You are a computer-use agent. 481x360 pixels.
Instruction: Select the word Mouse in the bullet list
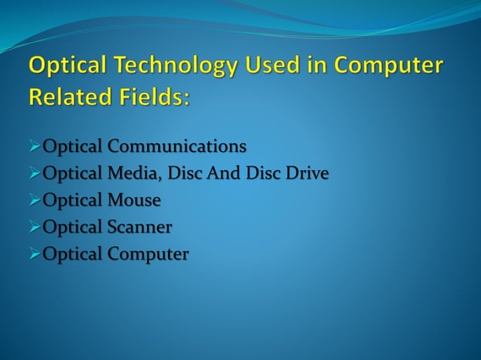133,200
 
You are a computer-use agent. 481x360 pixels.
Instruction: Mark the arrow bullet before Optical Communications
35,145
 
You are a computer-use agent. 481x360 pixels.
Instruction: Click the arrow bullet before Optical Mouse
35,201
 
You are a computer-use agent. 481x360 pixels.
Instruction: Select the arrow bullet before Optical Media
35,174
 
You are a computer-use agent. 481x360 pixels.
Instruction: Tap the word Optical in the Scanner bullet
72,227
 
